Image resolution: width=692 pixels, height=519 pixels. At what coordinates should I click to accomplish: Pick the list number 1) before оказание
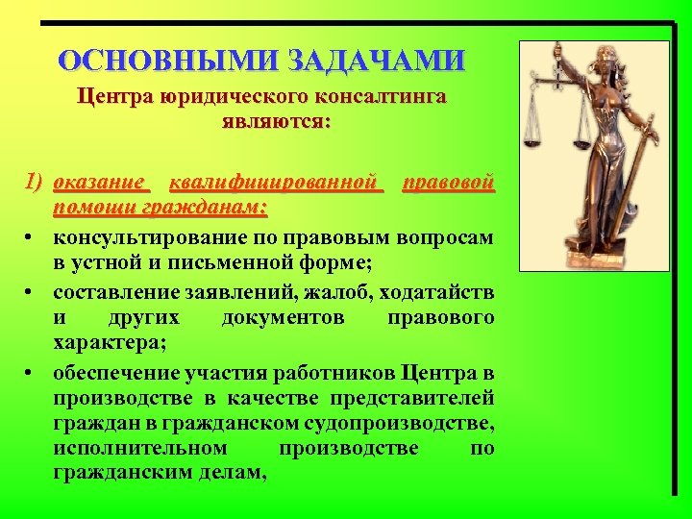(36, 183)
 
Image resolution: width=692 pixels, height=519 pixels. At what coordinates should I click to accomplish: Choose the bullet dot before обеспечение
(32, 372)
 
